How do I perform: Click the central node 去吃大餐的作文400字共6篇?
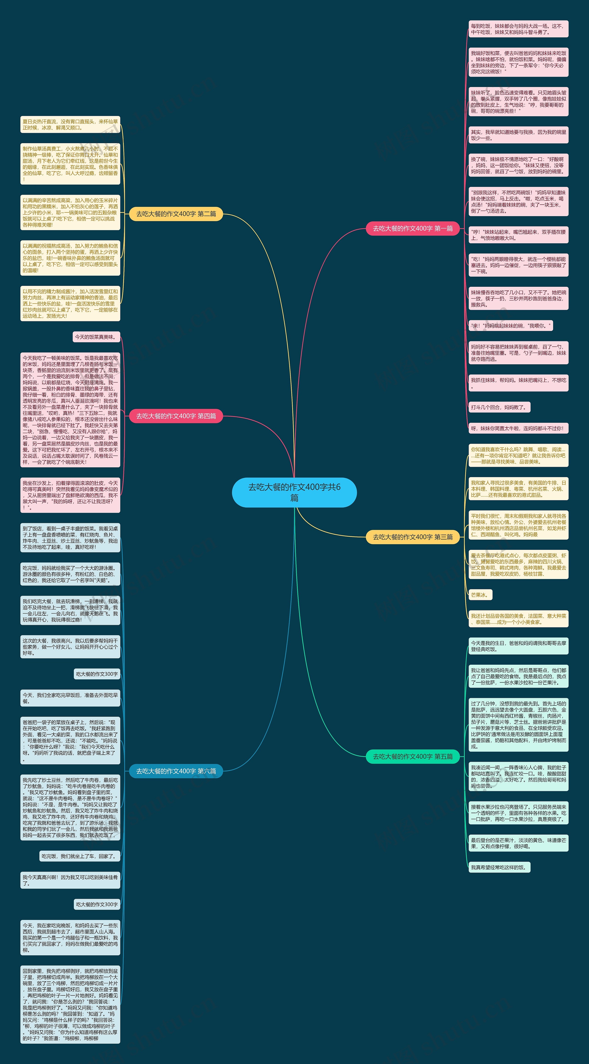pyautogui.click(x=294, y=492)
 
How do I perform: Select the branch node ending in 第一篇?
pyautogui.click(x=413, y=228)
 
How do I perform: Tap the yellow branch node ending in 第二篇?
pyautogui.click(x=176, y=214)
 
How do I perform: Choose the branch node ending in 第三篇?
pyautogui.click(x=413, y=537)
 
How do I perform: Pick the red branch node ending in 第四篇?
pyautogui.click(x=176, y=416)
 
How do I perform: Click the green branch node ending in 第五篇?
pyautogui.click(x=413, y=756)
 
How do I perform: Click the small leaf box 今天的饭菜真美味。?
pyautogui.click(x=96, y=337)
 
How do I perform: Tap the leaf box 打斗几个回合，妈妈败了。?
pyautogui.click(x=499, y=407)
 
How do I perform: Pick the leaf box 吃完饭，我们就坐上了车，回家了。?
pyautogui.click(x=80, y=856)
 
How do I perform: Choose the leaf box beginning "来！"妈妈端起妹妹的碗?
pyautogui.click(x=511, y=326)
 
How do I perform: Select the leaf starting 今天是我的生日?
pyautogui.click(x=518, y=646)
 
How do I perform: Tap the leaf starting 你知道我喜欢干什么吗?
pyautogui.click(x=518, y=455)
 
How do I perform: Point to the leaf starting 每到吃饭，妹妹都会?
pyautogui.click(x=518, y=29)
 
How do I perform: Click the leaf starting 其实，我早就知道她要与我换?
pyautogui.click(x=518, y=135)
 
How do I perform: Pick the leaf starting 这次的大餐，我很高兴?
pyautogui.click(x=70, y=647)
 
